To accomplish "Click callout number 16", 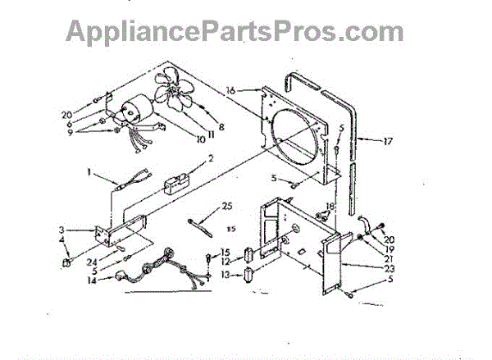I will [x=231, y=90].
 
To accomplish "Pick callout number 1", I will [x=91, y=173].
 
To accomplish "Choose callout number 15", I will [x=225, y=251].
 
